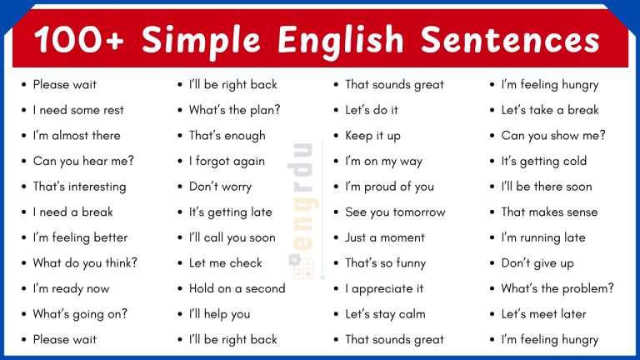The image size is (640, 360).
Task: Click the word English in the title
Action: [x=343, y=40]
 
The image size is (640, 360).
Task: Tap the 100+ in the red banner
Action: [x=80, y=40]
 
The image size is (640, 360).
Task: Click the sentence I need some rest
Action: [x=78, y=110]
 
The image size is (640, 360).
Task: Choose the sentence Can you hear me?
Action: [x=83, y=161]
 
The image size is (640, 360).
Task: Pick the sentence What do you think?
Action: [x=85, y=263]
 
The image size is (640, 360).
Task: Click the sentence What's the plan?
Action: [x=234, y=110]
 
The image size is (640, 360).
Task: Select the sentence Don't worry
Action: [x=220, y=187]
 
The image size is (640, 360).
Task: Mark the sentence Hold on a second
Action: [x=237, y=288]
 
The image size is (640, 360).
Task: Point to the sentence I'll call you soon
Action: [x=232, y=237]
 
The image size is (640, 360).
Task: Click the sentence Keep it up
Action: [x=372, y=136]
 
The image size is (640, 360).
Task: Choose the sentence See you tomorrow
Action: [x=395, y=212]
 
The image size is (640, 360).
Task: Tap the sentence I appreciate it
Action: [x=384, y=288]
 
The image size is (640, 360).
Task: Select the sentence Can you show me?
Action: [x=553, y=136]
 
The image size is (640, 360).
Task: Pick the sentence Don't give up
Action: [x=537, y=263]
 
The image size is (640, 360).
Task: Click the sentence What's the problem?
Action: [x=557, y=288]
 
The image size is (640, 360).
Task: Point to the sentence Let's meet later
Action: [x=543, y=314]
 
